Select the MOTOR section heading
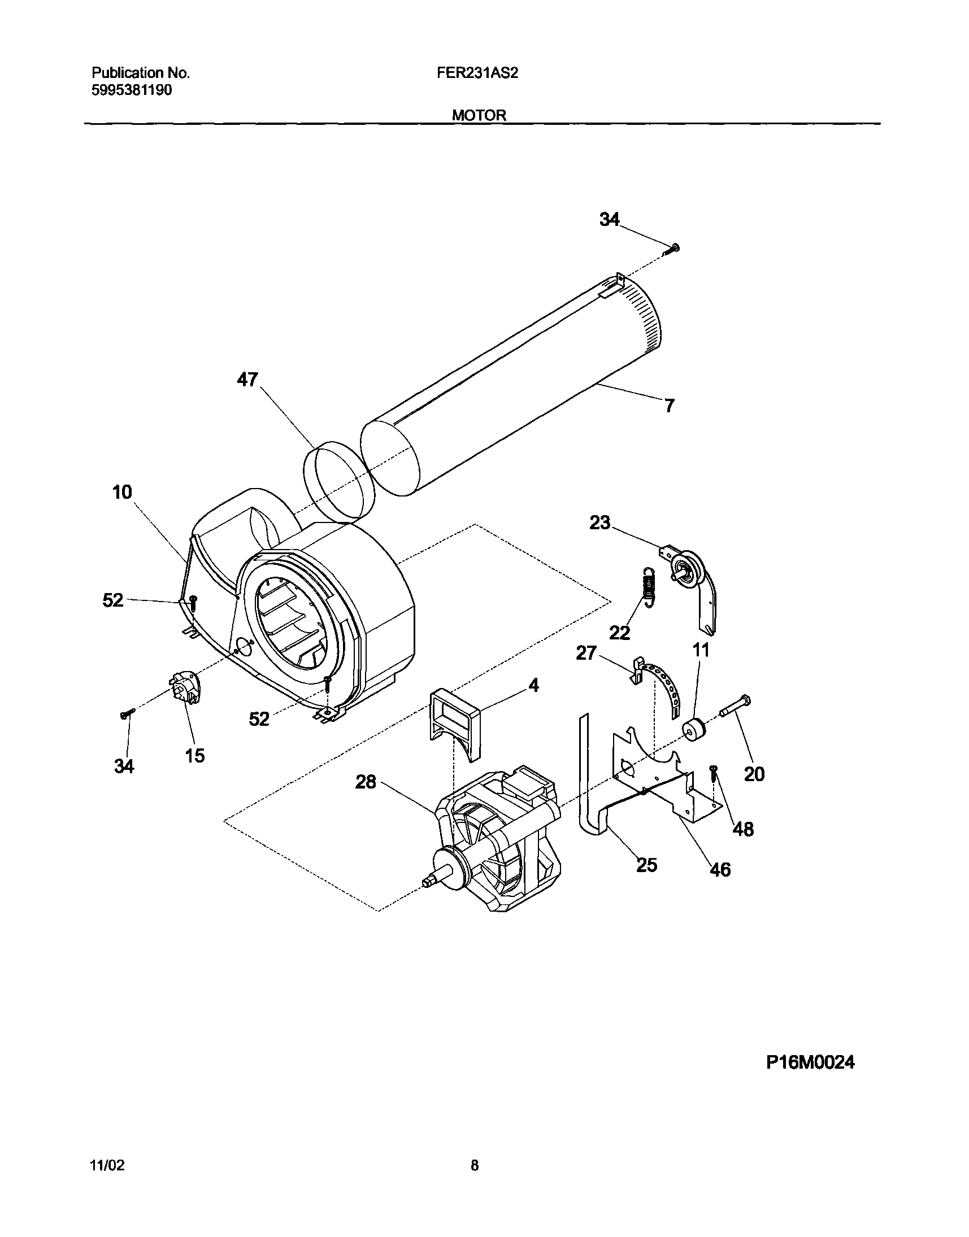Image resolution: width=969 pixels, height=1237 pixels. pyautogui.click(x=479, y=115)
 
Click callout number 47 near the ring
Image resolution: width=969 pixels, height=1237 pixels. pyautogui.click(x=247, y=380)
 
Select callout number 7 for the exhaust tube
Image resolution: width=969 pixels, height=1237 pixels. pyautogui.click(x=670, y=406)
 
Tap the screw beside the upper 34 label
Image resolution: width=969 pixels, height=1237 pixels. pyautogui.click(x=673, y=248)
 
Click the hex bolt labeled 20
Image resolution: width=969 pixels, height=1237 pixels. pyautogui.click(x=735, y=705)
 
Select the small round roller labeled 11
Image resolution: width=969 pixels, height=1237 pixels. pyautogui.click(x=693, y=729)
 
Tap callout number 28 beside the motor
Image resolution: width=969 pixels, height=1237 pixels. pyautogui.click(x=366, y=782)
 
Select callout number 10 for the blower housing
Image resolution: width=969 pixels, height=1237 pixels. pyautogui.click(x=122, y=492)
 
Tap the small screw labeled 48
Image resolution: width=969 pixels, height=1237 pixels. pyautogui.click(x=714, y=774)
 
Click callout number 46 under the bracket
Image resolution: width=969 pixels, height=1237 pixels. pyautogui.click(x=720, y=869)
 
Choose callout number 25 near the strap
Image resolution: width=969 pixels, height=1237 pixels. pyautogui.click(x=646, y=865)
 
